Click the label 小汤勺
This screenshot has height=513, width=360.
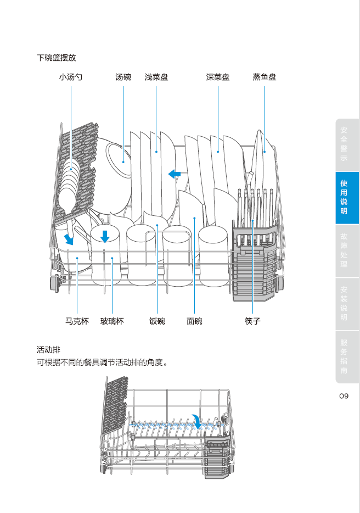coord(71,77)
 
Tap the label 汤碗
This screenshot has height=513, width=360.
coord(123,77)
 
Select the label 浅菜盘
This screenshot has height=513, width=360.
coord(156,77)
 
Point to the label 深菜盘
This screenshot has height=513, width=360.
coord(218,77)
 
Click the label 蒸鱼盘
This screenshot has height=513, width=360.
coord(265,77)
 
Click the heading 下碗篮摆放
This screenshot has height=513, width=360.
coord(57,58)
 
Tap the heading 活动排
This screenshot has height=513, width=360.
coord(48,350)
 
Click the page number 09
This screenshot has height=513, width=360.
coord(344,396)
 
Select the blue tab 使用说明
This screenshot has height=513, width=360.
coord(344,197)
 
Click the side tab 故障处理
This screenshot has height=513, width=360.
coord(344,250)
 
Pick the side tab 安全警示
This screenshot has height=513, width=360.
coord(344,144)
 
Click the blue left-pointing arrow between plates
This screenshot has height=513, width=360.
coord(175,174)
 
